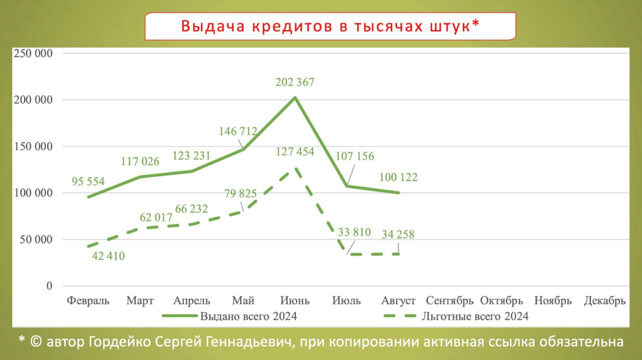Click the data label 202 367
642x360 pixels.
[295, 82]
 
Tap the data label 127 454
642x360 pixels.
[295, 152]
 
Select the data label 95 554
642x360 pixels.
[88, 182]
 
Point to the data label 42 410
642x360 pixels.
[108, 256]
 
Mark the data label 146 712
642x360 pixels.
[238, 132]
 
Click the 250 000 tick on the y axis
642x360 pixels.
[34, 54]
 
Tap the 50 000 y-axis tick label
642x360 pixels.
[36, 239]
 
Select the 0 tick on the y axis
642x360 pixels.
[49, 286]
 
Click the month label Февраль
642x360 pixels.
[88, 301]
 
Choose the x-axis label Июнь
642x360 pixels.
[295, 301]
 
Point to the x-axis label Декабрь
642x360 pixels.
[605, 301]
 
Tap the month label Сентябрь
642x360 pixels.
[450, 301]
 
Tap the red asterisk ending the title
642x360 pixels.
[476, 25]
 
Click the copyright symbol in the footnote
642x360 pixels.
[36, 342]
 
